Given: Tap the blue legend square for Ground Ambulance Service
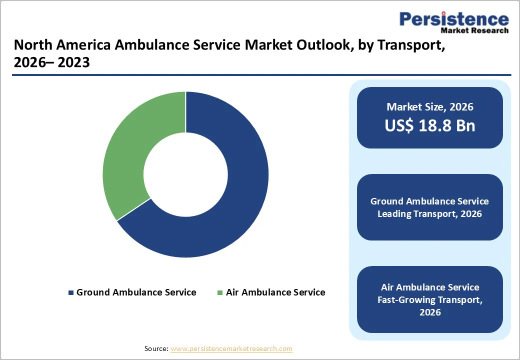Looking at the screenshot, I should (x=71, y=292).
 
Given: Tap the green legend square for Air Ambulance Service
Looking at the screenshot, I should (x=220, y=292).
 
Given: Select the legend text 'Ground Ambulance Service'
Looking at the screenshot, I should (x=136, y=292).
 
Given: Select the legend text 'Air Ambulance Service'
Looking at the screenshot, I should (x=275, y=292).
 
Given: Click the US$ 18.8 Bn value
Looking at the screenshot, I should (x=429, y=125).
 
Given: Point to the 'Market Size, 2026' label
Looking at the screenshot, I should (x=429, y=107).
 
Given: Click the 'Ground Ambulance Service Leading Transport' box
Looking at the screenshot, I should (x=429, y=207).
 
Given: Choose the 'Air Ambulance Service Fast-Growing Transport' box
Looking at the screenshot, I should (x=429, y=299).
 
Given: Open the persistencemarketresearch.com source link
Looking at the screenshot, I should (x=231, y=348).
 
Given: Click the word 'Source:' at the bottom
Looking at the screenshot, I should (x=156, y=348).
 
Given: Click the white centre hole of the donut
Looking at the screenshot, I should (x=185, y=174).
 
